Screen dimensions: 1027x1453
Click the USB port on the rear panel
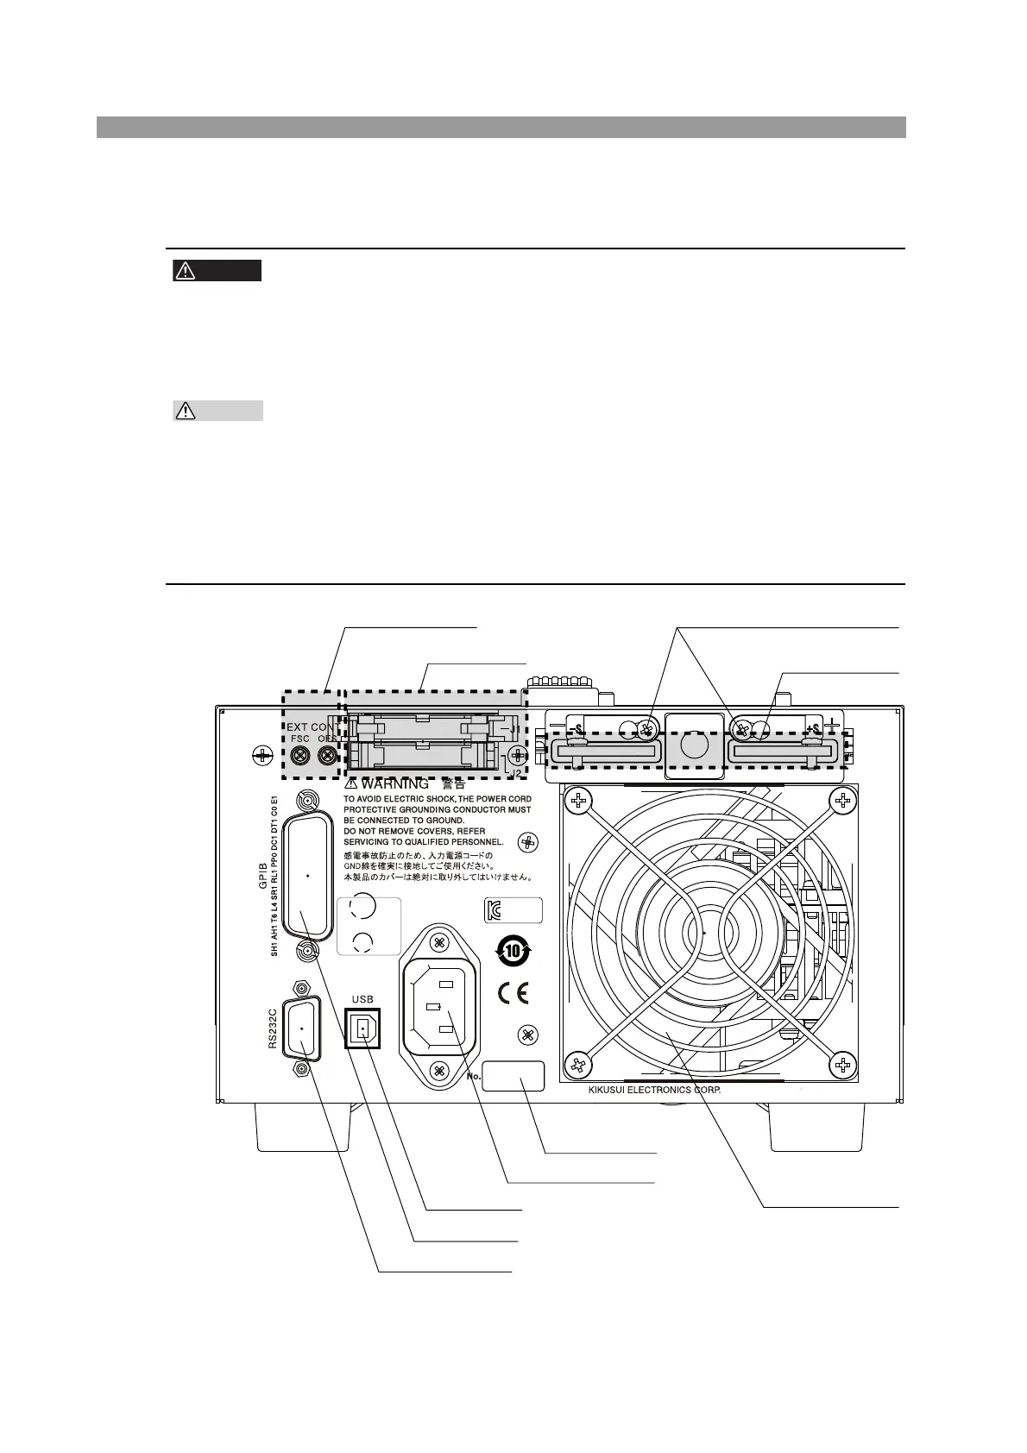(362, 1028)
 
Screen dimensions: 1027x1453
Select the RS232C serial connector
(301, 1028)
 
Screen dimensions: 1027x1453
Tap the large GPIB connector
(308, 877)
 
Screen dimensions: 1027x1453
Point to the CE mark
(513, 993)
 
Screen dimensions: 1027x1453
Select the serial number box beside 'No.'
(513, 1076)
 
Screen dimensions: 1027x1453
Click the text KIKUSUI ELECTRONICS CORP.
(654, 1090)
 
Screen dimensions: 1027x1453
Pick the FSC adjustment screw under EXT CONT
(299, 756)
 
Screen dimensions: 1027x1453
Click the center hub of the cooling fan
(705, 934)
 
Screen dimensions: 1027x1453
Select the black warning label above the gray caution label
(217, 271)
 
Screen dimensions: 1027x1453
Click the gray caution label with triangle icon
(217, 411)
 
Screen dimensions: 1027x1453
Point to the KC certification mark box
(513, 910)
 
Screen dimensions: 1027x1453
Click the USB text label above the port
(362, 999)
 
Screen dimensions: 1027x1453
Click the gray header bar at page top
(501, 128)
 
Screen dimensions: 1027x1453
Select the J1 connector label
(513, 729)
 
